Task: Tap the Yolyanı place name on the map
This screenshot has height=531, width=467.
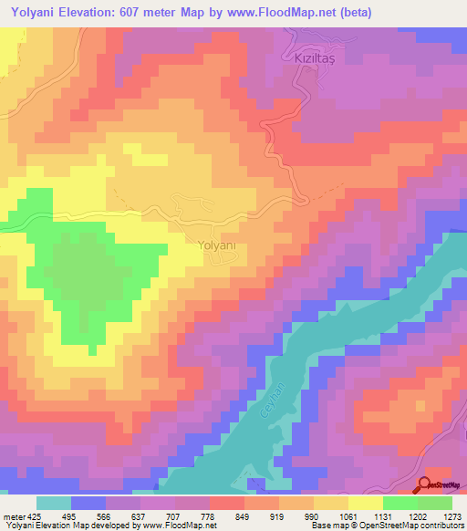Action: [216, 245]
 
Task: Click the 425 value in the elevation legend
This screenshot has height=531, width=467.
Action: [33, 515]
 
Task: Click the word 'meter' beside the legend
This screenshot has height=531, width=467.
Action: [12, 515]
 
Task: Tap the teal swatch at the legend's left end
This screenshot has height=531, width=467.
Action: [54, 503]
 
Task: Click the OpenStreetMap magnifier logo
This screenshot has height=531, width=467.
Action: [425, 484]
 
